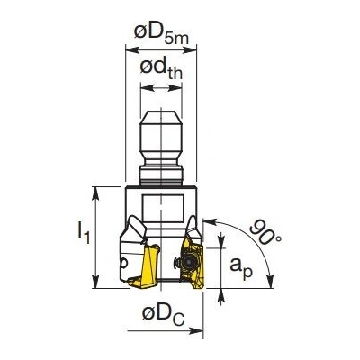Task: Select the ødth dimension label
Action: click(x=161, y=70)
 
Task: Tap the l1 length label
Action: click(x=84, y=232)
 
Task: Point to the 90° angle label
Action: click(x=265, y=233)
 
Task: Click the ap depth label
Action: click(x=241, y=267)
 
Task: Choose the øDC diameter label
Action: click(x=163, y=314)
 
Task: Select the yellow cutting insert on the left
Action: click(x=145, y=266)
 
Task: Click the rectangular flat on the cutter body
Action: click(x=163, y=208)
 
